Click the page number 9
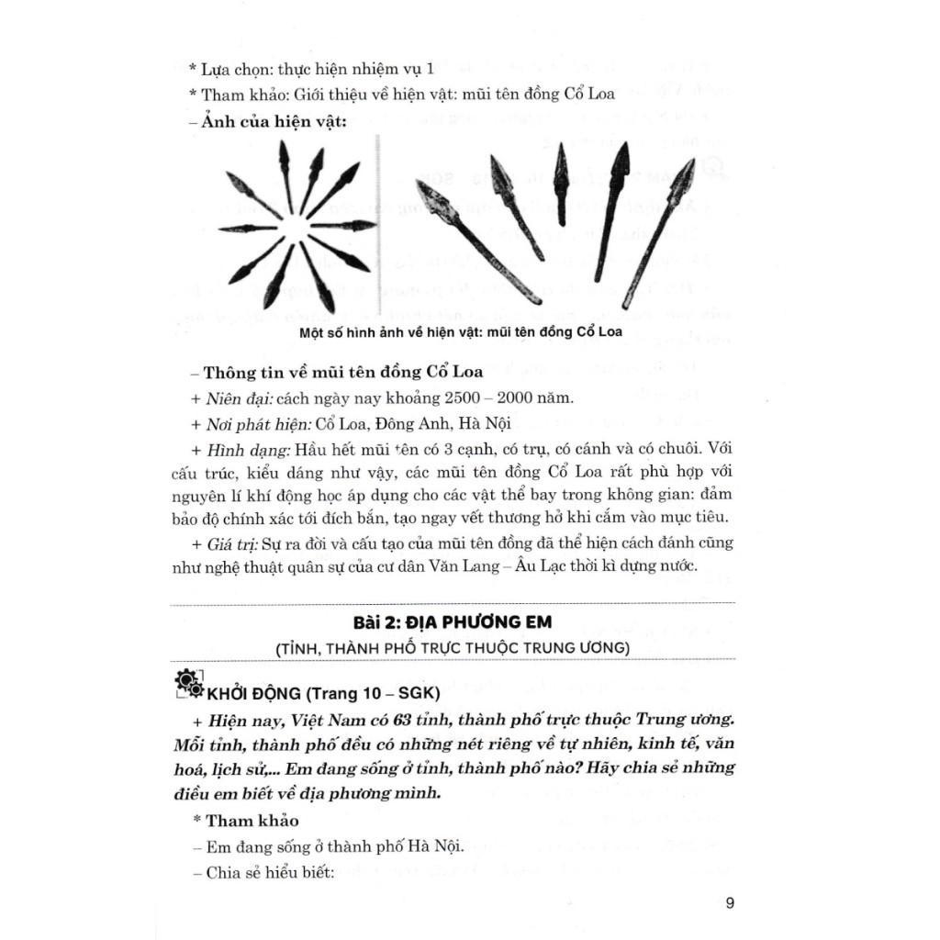click(x=730, y=902)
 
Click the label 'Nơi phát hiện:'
click(x=252, y=425)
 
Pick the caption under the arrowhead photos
click(x=460, y=332)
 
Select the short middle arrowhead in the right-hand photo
click(x=560, y=184)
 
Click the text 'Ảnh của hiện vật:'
click(x=269, y=126)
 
